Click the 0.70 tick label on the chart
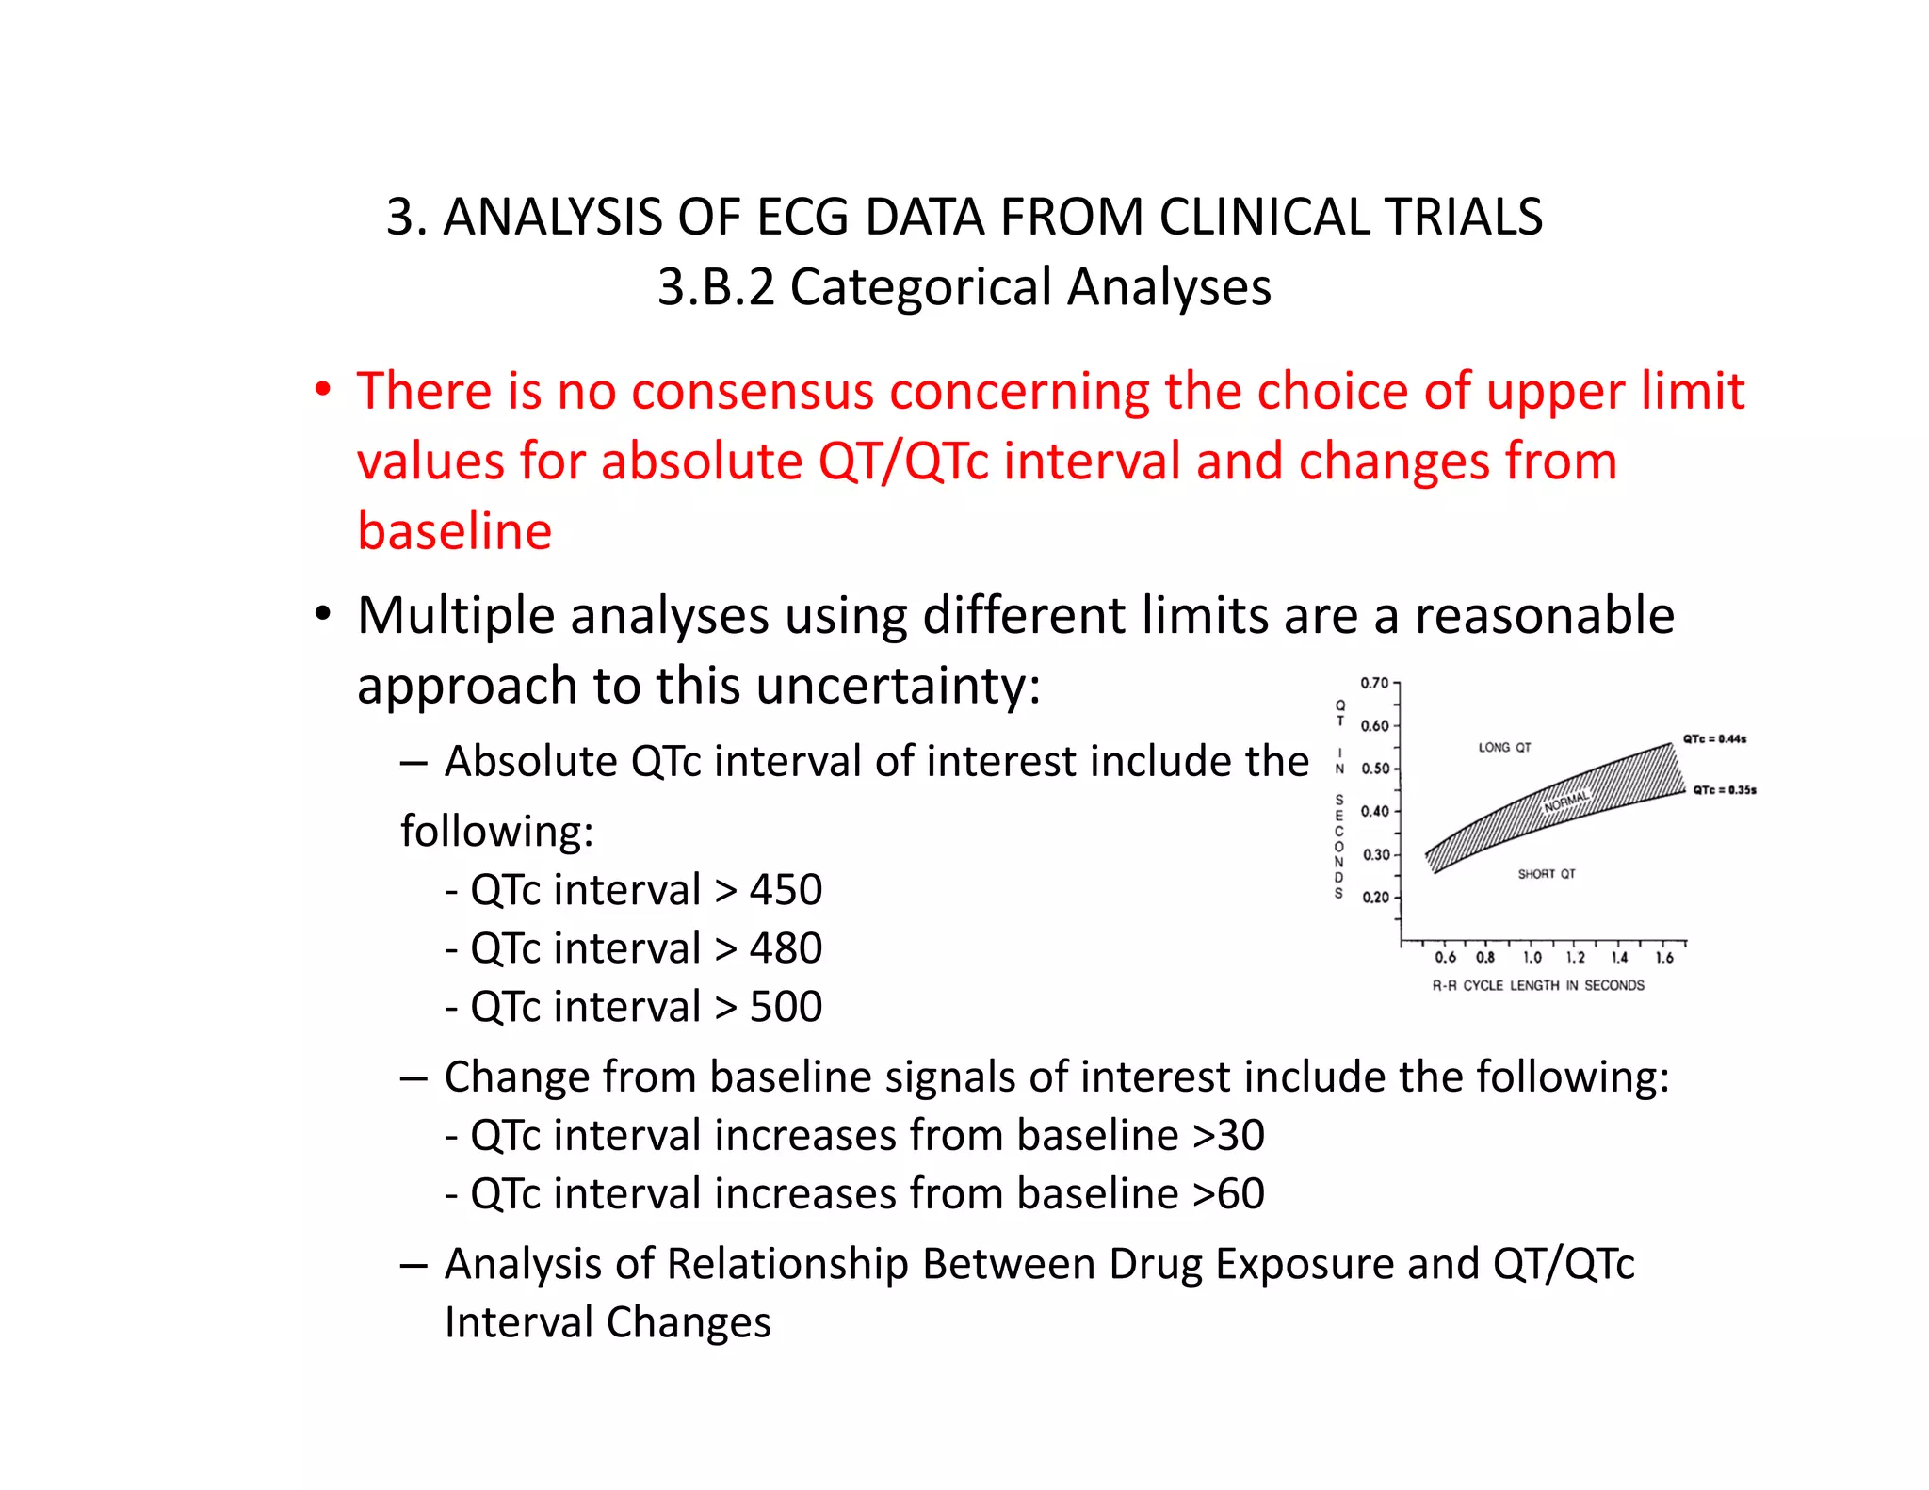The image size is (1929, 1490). [x=1374, y=683]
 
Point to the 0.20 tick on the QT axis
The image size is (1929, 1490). [x=1375, y=897]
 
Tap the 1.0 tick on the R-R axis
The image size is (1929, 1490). [x=1532, y=958]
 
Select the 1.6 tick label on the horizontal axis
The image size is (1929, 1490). [x=1664, y=958]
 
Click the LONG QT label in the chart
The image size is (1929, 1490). [x=1504, y=748]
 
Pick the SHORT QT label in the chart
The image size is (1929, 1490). [x=1546, y=874]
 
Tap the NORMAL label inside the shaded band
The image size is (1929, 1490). [x=1566, y=802]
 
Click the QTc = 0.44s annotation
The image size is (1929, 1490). [x=1714, y=739]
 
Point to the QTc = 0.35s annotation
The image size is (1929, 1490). [x=1725, y=790]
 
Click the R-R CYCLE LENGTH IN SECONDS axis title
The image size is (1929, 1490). [x=1538, y=985]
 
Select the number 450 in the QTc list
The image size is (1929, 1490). [x=786, y=890]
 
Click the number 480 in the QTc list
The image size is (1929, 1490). [x=786, y=948]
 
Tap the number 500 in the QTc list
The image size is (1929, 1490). [x=786, y=1007]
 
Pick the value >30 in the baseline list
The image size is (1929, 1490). [x=1228, y=1136]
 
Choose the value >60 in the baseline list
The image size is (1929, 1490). [x=1228, y=1194]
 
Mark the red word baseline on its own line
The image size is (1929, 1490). [x=454, y=531]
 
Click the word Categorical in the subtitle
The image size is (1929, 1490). [x=920, y=287]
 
